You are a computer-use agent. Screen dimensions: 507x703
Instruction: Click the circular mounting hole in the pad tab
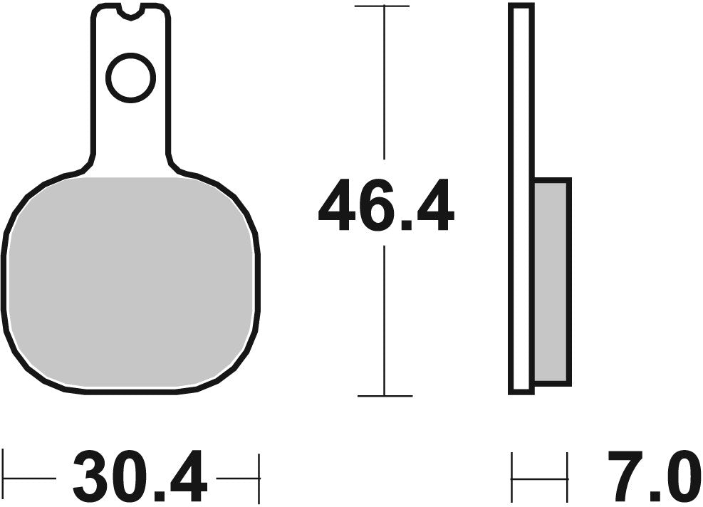(x=130, y=77)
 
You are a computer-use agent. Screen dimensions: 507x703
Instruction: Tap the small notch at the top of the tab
(x=130, y=11)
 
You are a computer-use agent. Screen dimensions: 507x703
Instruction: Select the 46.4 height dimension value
(x=385, y=207)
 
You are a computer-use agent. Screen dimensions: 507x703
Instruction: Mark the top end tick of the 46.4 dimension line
(x=385, y=6)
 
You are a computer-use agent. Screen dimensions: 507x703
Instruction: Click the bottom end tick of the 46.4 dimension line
(x=385, y=395)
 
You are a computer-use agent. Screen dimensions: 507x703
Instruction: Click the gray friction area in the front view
(x=130, y=285)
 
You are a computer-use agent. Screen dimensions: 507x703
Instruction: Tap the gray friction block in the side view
(x=551, y=281)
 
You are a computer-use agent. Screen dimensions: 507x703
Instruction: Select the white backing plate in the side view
(x=521, y=199)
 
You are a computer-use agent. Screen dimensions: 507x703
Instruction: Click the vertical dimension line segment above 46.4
(x=385, y=85)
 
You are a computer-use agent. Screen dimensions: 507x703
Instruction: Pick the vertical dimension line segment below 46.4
(x=385, y=320)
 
